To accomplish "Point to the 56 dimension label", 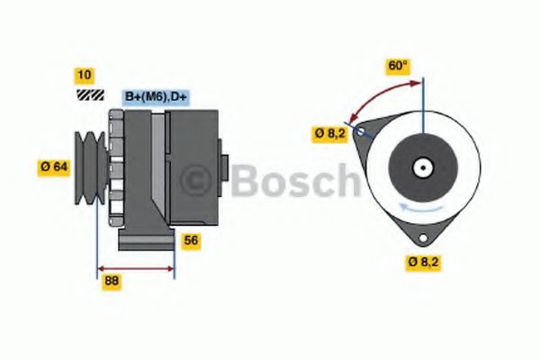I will click(x=191, y=240).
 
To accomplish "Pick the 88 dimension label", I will click(x=112, y=280).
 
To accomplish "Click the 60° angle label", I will click(x=397, y=66).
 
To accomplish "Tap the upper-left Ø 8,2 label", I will click(x=330, y=133).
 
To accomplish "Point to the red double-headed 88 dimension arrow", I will click(x=135, y=267).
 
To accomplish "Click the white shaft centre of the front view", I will click(x=420, y=167).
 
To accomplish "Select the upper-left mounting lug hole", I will click(x=361, y=131).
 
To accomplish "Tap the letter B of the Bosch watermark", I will click(x=247, y=180).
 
